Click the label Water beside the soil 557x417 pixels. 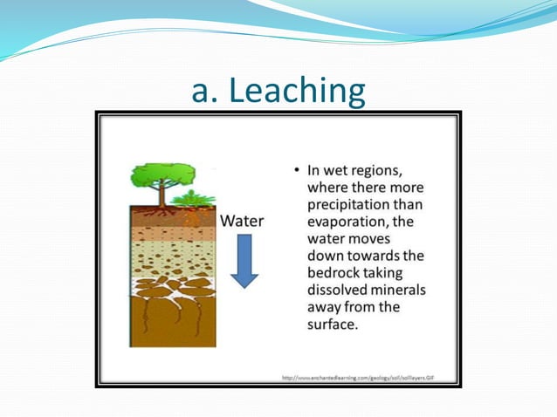point(242,221)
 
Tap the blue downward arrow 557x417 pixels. point(244,261)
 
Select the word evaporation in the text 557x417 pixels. point(349,222)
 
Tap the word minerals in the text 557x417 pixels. point(398,290)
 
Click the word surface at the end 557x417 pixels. point(332,324)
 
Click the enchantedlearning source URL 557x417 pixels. point(358,378)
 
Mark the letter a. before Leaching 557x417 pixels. point(203,91)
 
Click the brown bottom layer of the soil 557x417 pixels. point(172,327)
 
